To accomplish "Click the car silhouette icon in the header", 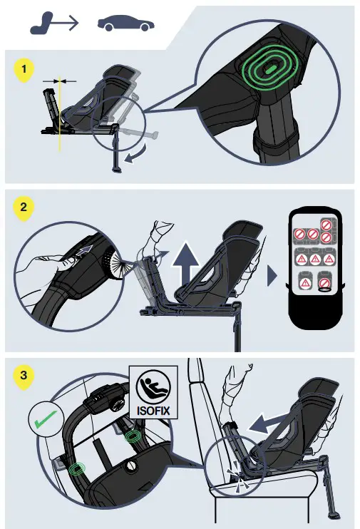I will (x=125, y=23).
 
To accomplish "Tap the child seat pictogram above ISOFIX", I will (x=153, y=386).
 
